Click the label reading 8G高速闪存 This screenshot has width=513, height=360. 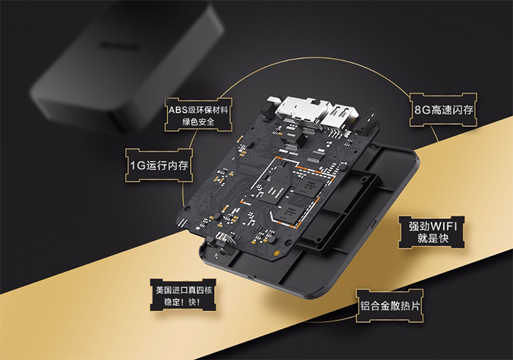click(443, 110)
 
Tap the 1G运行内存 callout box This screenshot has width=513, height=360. click(159, 165)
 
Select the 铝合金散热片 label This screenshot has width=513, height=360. click(390, 306)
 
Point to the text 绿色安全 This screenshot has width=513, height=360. click(198, 122)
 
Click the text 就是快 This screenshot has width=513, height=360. click(432, 238)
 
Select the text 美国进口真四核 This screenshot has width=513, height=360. click(183, 290)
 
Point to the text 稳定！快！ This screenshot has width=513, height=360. click(182, 302)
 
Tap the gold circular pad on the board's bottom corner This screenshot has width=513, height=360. click(276, 253)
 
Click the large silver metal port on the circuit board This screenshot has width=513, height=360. click(297, 108)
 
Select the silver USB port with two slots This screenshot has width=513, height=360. click(339, 117)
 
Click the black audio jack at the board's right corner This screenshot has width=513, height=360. click(367, 122)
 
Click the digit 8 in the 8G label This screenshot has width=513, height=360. click(418, 110)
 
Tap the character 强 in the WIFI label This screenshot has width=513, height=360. click(414, 226)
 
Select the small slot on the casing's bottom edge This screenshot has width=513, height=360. click(250, 277)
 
